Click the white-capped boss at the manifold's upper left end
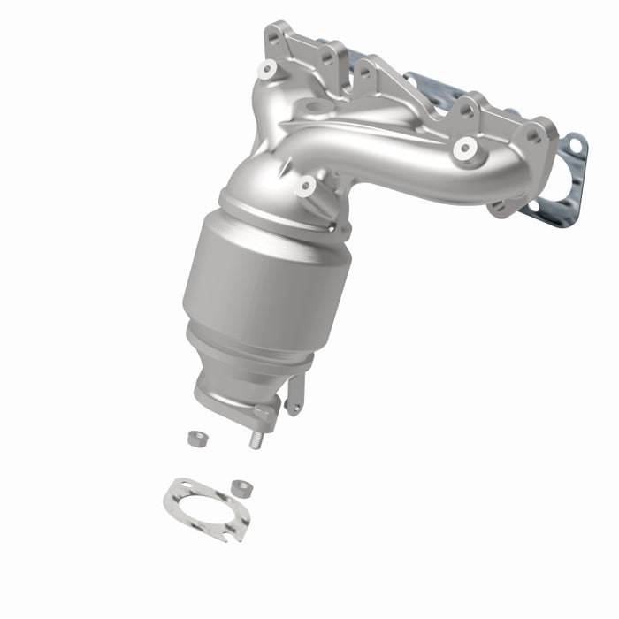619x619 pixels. (267, 69)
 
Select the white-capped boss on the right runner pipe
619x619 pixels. (462, 150)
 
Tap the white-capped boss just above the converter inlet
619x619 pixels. (306, 187)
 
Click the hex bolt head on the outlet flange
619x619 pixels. (263, 412)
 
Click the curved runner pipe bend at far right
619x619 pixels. (495, 164)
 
